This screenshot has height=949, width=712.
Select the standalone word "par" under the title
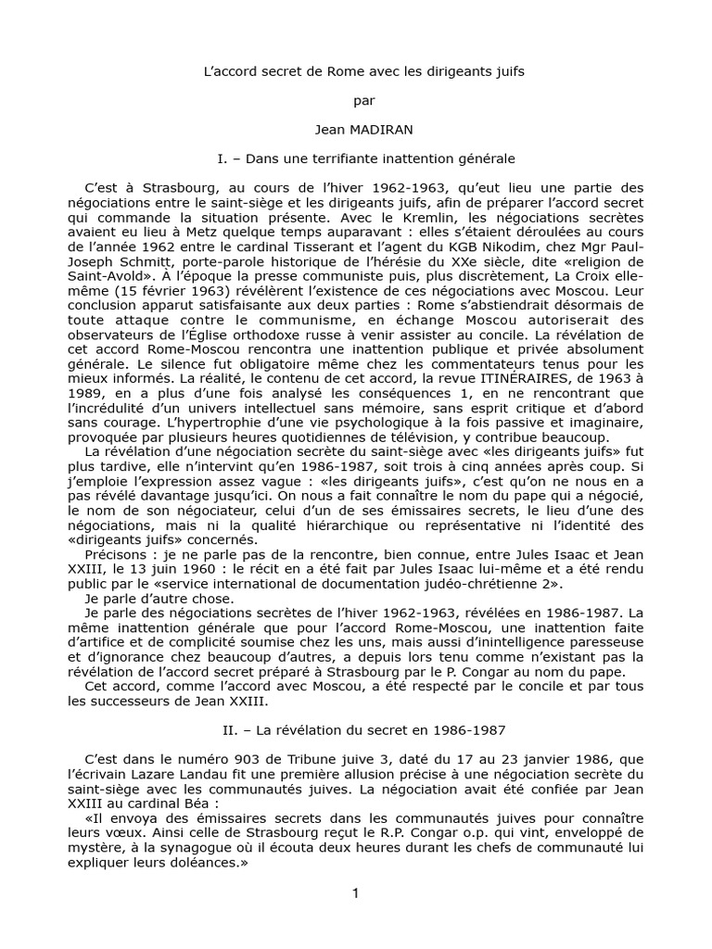point(356,102)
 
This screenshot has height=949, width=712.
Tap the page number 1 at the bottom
point(355,892)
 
